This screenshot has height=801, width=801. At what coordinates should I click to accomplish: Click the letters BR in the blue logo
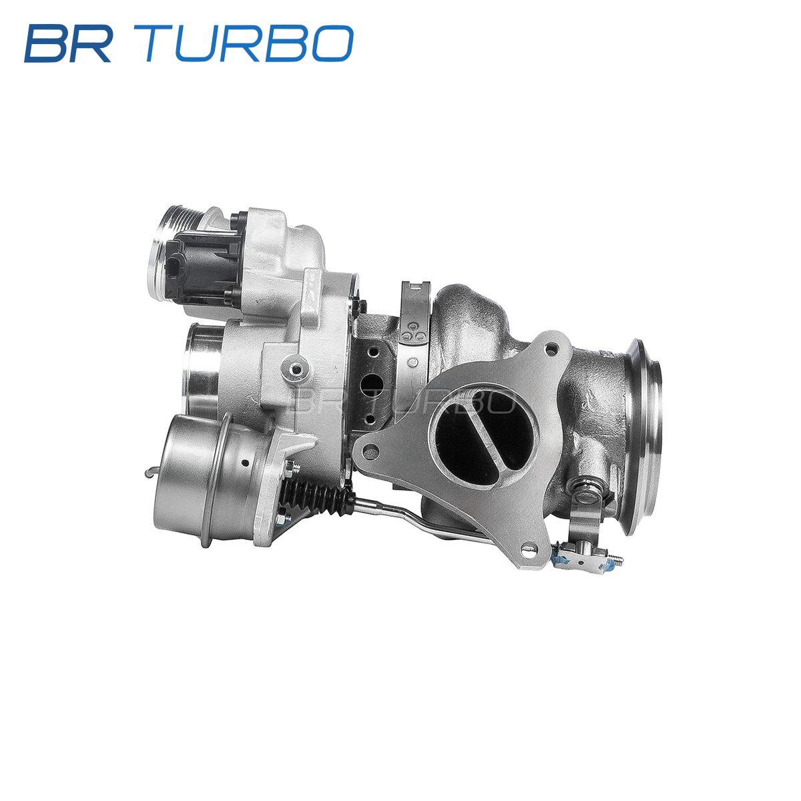pos(69,43)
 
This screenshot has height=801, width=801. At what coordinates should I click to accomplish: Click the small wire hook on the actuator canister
pos(152,473)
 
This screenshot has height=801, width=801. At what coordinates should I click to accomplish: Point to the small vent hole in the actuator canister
pos(246,463)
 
